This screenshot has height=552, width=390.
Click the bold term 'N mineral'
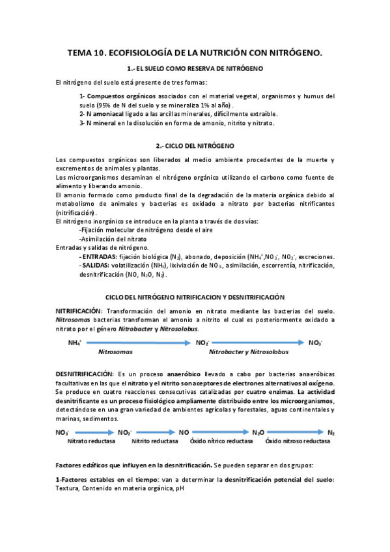point(94,122)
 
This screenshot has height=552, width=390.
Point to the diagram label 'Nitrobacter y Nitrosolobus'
point(248,352)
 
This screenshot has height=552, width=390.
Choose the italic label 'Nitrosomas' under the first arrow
point(115,352)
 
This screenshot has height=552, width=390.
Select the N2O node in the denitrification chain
point(258,432)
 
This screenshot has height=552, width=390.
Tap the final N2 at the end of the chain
point(331,432)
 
